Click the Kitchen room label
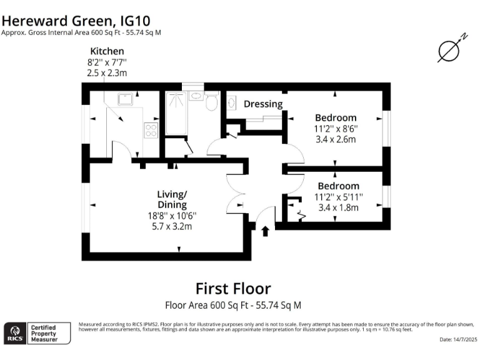click(107, 51)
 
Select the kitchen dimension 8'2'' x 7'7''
click(107, 62)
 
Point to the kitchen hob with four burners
click(151, 130)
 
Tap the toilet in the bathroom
click(211, 101)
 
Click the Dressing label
click(263, 104)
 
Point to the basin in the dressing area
click(231, 102)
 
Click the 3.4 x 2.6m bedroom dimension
click(336, 139)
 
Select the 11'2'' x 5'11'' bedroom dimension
click(338, 196)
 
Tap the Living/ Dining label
click(172, 199)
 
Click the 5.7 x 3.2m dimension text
click(171, 226)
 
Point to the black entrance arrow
click(265, 231)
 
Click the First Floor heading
click(233, 288)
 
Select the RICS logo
click(14, 332)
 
